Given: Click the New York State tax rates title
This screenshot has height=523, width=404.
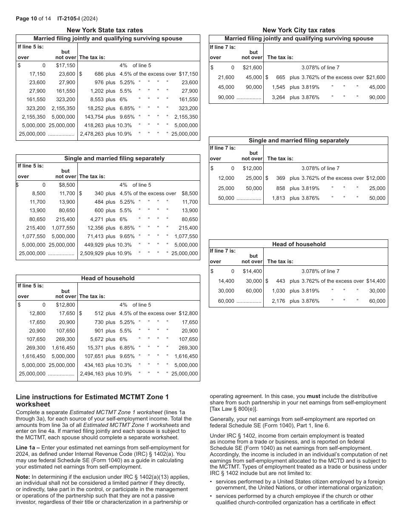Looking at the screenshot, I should tap(105, 30).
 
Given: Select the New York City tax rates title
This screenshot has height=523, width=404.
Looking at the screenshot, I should tap(299, 30).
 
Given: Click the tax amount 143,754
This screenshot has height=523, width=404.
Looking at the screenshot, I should tap(93, 117).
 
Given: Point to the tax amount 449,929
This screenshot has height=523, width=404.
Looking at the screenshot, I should tap(93, 245).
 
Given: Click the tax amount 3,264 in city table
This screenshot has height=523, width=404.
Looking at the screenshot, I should tap(277, 97).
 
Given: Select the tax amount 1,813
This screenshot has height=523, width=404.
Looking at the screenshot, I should tap(277, 198).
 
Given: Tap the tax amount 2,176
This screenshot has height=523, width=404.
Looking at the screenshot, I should tap(277, 301).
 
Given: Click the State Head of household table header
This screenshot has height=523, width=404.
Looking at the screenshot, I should tap(108, 279).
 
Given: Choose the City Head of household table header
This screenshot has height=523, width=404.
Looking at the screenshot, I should tap(299, 244).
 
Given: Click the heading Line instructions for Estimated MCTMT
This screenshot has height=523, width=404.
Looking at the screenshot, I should tap(92, 401).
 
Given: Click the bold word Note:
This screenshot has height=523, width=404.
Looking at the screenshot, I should tap(23, 477).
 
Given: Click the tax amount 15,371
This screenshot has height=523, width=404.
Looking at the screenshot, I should tap(94, 348).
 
